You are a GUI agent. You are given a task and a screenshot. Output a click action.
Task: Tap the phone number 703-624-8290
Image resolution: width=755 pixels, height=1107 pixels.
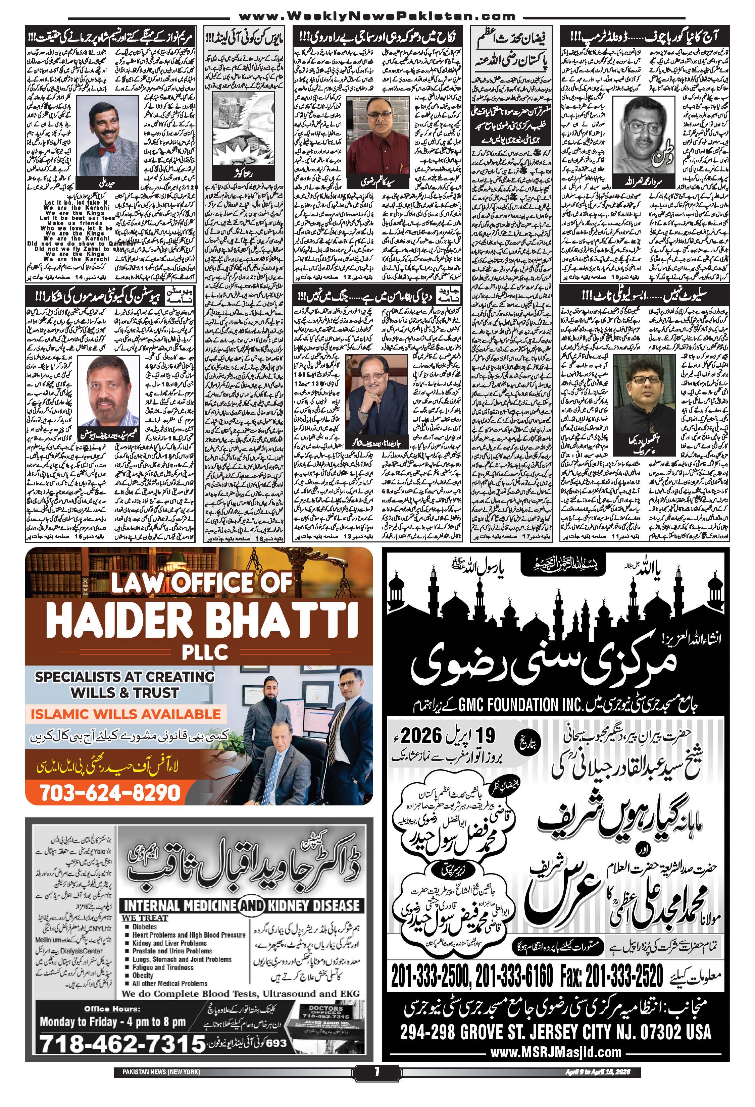pyautogui.click(x=110, y=792)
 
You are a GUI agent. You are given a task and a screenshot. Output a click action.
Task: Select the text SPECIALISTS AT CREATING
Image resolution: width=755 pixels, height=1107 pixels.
pyautogui.click(x=125, y=677)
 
